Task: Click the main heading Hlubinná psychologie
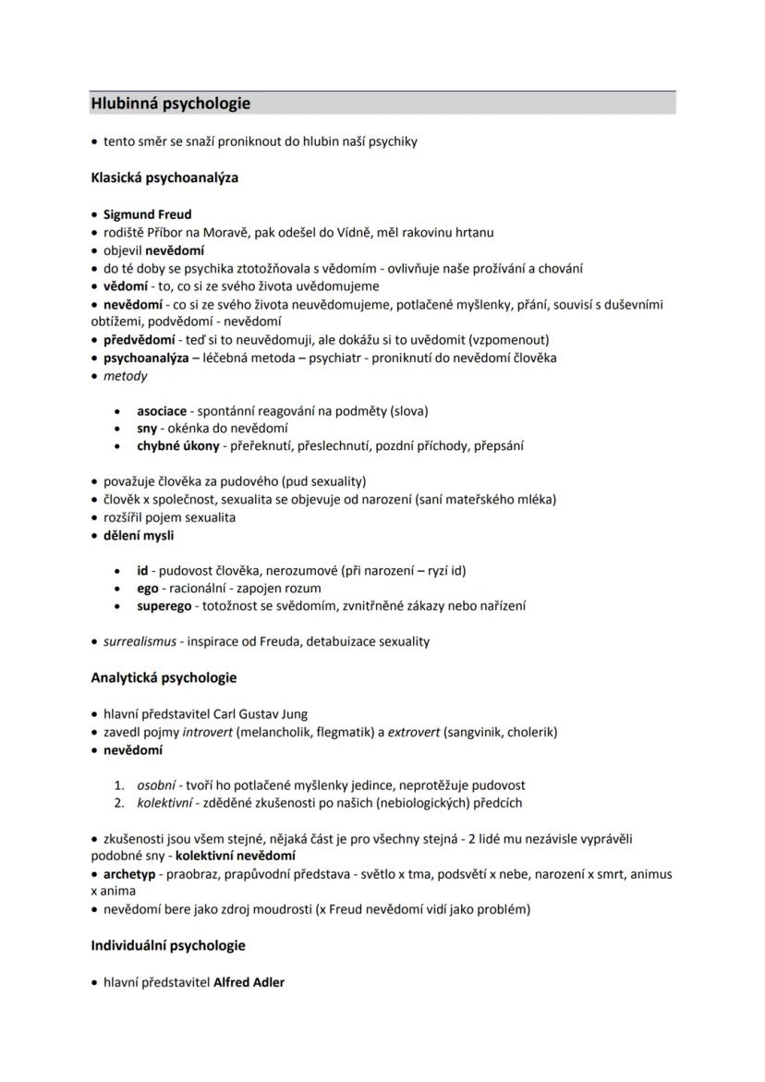coord(171,103)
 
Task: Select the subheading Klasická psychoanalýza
coord(164,177)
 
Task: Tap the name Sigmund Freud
coord(148,214)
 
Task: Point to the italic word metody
coord(125,376)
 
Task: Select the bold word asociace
coord(162,410)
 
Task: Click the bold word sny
coord(148,429)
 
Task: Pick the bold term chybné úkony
coord(178,446)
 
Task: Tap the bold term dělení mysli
coord(139,535)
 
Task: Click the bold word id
coord(142,571)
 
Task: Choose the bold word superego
coord(164,606)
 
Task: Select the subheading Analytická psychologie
coord(164,677)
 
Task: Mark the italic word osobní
coord(156,785)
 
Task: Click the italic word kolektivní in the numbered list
coord(166,803)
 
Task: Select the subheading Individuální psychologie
coord(167,946)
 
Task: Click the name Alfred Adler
coord(249,982)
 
